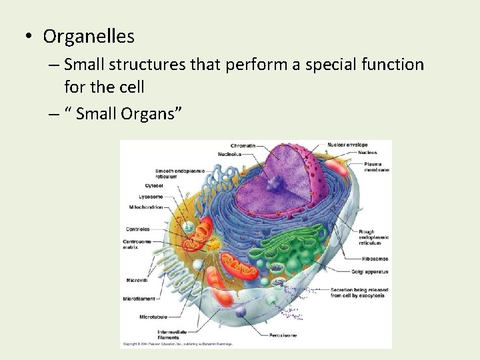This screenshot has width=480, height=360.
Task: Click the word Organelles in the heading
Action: [x=89, y=36]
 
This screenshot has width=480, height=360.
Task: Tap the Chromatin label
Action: [x=243, y=145]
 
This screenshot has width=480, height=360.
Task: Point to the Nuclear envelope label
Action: [x=347, y=145]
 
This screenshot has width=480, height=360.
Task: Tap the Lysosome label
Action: [x=151, y=197]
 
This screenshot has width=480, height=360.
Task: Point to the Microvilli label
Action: [x=137, y=280]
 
